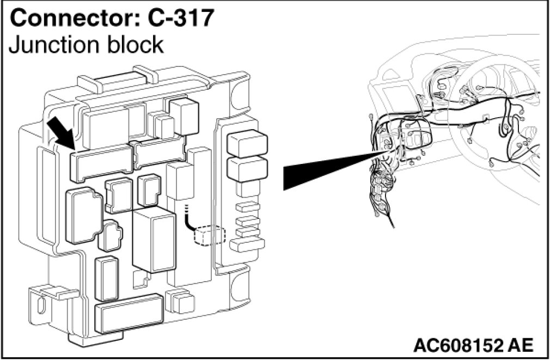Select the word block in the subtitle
click(x=134, y=44)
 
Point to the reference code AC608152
click(x=458, y=345)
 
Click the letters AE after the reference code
click(x=521, y=345)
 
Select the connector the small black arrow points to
click(x=101, y=162)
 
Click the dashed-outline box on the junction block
click(x=210, y=235)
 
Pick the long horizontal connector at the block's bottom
click(x=129, y=314)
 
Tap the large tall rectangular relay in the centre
click(x=154, y=240)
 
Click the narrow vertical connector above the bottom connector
click(x=108, y=278)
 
